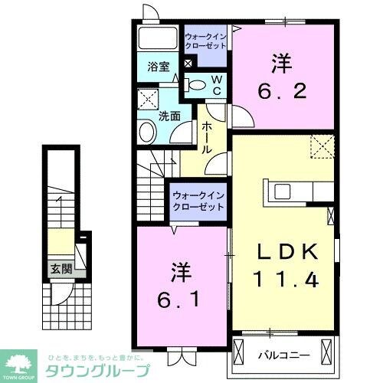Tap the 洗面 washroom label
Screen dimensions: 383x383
(x=169, y=116)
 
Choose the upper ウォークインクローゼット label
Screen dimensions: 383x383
(x=205, y=41)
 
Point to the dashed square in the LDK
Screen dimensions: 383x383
(x=321, y=145)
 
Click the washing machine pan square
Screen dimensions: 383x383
(x=146, y=99)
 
